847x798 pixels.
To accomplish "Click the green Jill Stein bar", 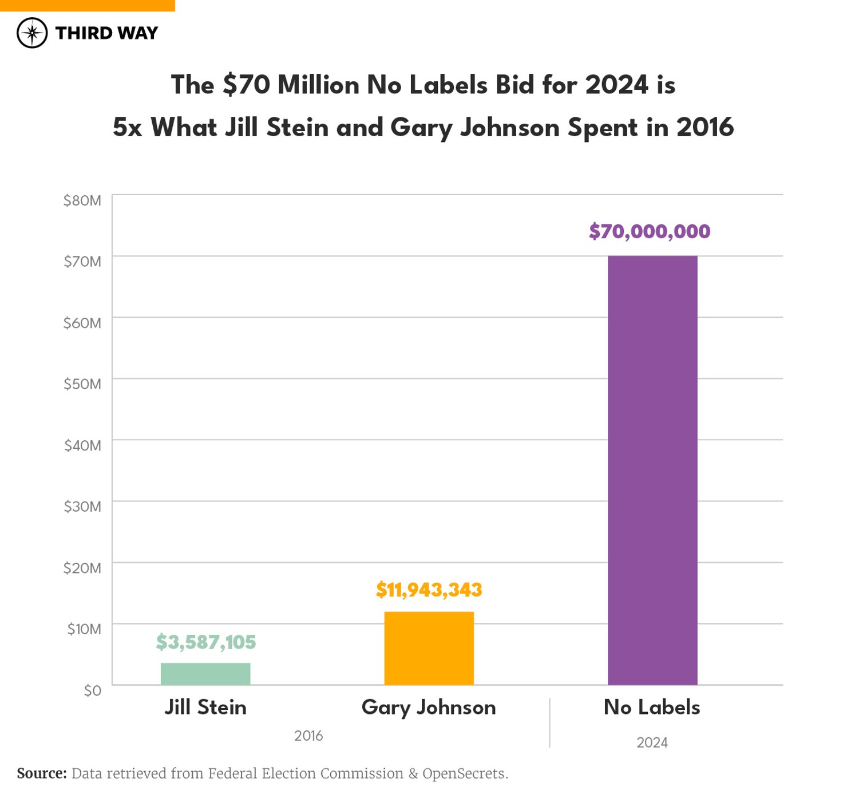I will pos(205,674).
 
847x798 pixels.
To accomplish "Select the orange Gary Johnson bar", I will pos(429,648).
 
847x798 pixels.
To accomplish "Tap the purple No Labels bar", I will pos(652,469).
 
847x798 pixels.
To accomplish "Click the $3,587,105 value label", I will pos(205,642).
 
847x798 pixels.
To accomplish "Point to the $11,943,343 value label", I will pos(429,590).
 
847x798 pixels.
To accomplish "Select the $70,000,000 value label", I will pos(650,231).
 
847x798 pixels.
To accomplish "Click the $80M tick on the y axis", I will pos(82,200).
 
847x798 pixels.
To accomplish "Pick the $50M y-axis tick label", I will pos(82,384).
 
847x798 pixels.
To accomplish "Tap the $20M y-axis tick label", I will pos(82,568).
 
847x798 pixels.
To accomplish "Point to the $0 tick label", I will pos(92,690).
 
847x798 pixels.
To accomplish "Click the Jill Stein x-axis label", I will pos(205,708).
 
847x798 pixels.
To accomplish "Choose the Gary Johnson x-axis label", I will pos(429,708).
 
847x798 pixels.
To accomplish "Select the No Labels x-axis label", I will pos(652,708).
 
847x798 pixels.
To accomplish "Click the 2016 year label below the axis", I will pos(308,736).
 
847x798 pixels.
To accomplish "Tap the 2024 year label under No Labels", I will pos(652,742).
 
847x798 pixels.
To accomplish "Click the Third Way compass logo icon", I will pos(32,33).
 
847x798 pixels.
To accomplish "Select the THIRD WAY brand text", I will pos(106,33).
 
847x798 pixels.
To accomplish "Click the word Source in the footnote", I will pos(42,773).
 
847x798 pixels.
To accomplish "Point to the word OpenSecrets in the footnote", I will pos(464,773).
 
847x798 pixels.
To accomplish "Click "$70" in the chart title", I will pos(247,85).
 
